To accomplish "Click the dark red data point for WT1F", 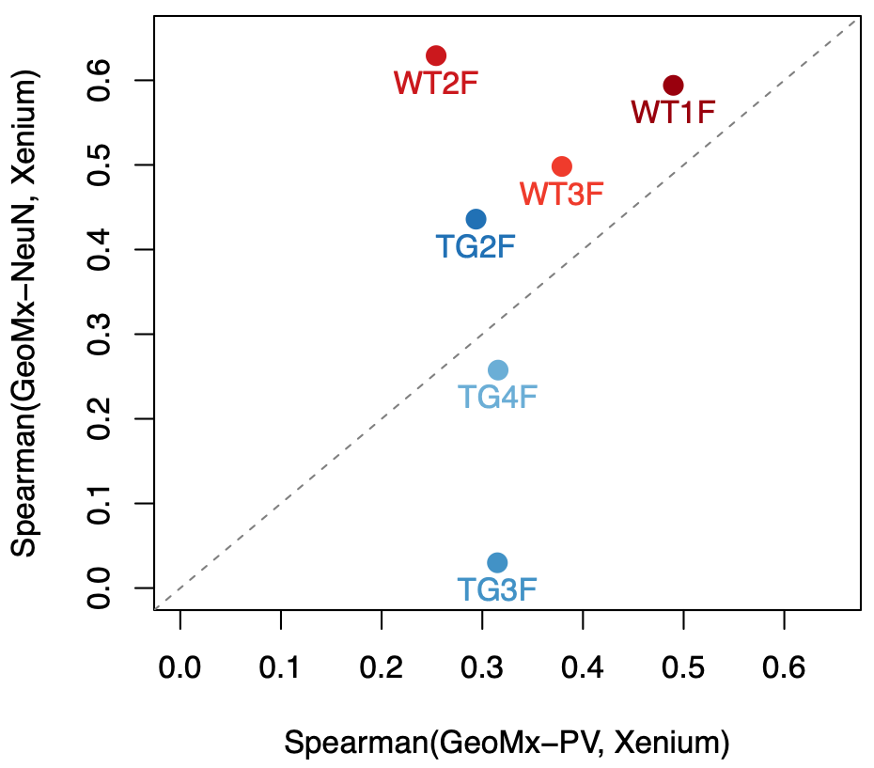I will [673, 86].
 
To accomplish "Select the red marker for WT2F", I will [436, 55].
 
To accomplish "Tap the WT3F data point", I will [562, 166].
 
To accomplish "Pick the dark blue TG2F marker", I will [476, 219].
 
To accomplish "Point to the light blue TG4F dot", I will [498, 369].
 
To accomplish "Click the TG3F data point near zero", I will [498, 562].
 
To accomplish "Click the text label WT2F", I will [436, 83].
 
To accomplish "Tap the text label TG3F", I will [498, 590].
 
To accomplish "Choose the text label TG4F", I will [498, 397].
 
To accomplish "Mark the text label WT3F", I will [561, 195].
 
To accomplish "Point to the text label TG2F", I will [476, 246].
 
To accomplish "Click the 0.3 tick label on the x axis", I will [482, 668].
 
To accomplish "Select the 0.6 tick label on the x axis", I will [785, 668].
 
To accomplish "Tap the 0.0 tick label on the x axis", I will [179, 668].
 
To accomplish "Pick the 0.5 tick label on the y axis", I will [97, 165].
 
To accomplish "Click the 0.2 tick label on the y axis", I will [97, 419].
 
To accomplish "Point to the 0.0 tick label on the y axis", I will [97, 588].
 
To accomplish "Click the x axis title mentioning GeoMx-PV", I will [507, 743].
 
